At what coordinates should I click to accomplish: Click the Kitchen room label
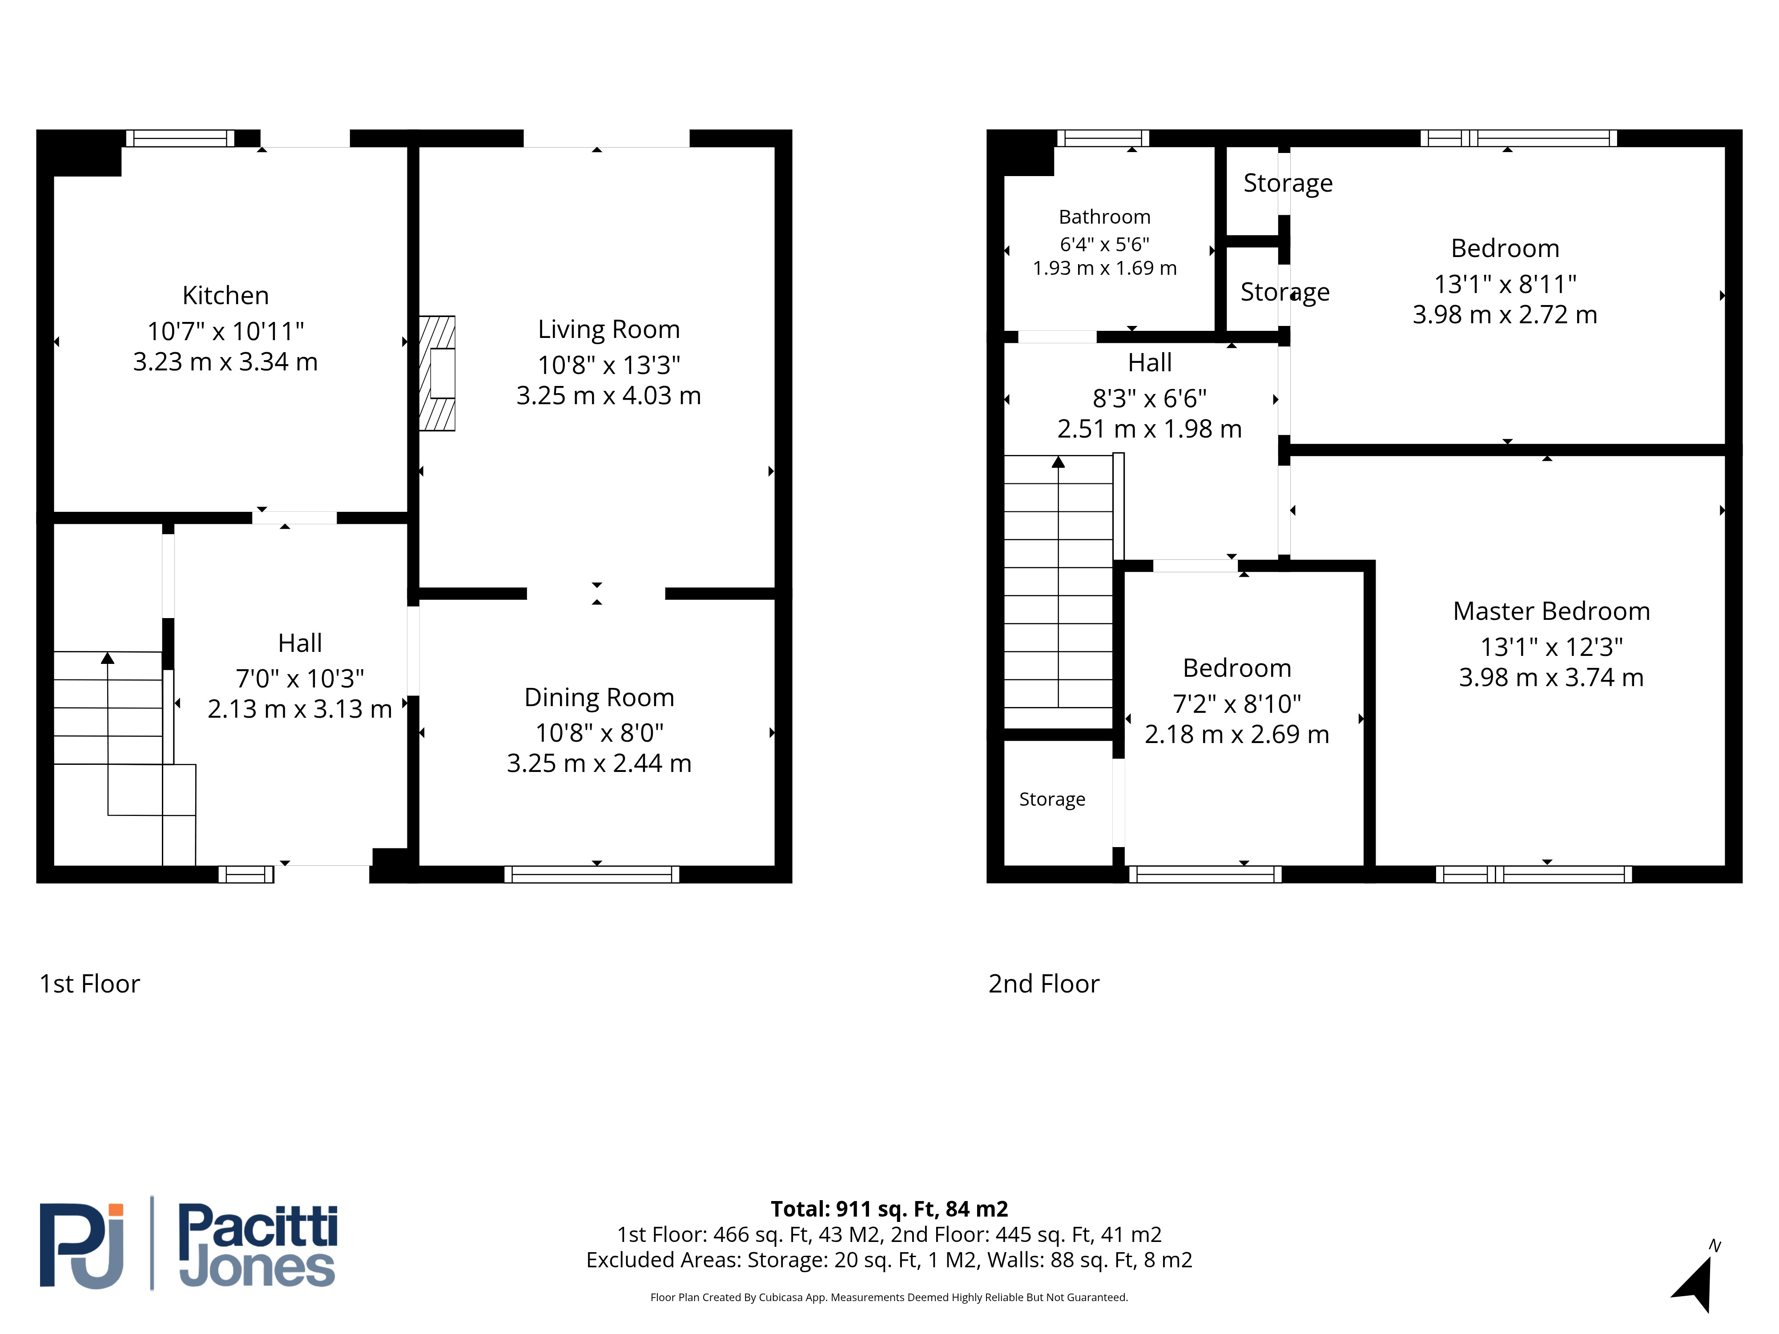pyautogui.click(x=225, y=296)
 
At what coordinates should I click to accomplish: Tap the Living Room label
pyautogui.click(x=609, y=329)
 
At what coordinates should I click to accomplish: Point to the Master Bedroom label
pyautogui.click(x=1551, y=611)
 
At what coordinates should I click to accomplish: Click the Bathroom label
pyautogui.click(x=1104, y=217)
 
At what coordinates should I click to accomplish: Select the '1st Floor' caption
pyautogui.click(x=90, y=984)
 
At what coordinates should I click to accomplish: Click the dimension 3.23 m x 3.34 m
pyautogui.click(x=225, y=362)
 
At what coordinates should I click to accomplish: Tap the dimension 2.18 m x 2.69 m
pyautogui.click(x=1237, y=734)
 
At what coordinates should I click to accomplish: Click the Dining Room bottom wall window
pyautogui.click(x=592, y=875)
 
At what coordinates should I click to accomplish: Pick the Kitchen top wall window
pyautogui.click(x=179, y=138)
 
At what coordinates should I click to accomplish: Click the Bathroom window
pyautogui.click(x=1103, y=138)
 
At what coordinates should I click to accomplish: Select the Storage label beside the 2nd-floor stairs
pyautogui.click(x=1052, y=799)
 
